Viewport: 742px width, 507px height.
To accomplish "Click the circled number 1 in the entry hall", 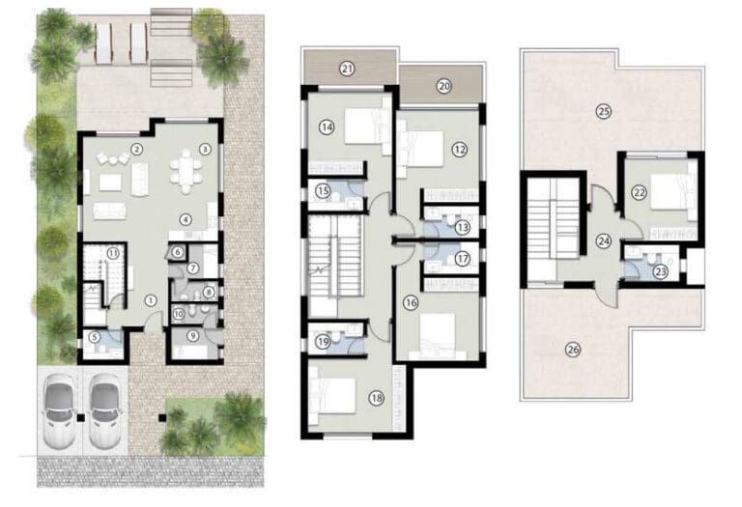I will [x=150, y=300].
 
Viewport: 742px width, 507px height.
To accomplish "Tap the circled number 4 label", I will [x=185, y=218].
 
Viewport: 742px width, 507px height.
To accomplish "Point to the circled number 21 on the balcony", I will [x=347, y=68].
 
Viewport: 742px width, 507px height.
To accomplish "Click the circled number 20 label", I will [x=443, y=85].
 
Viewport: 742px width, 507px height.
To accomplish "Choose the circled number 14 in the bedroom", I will [x=328, y=127].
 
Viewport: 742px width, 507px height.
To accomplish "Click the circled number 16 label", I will [x=412, y=302].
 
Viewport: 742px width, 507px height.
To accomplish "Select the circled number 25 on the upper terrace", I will [x=603, y=111].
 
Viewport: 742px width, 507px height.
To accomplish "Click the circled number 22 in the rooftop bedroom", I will [x=639, y=193].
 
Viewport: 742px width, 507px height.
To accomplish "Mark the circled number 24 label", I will [x=604, y=241].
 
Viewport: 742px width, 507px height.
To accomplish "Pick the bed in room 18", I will [x=338, y=395].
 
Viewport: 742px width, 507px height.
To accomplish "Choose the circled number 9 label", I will [x=194, y=336].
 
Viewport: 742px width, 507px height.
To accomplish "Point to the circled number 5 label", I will [x=95, y=337].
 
